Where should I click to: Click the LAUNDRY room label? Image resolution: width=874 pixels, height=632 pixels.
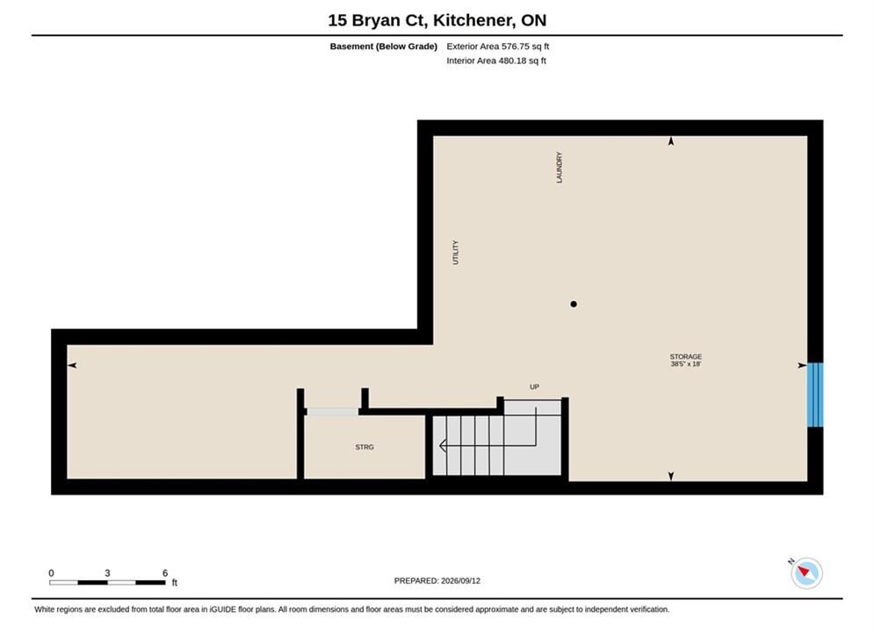pos(559,167)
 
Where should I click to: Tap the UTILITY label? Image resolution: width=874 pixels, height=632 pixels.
pos(455,252)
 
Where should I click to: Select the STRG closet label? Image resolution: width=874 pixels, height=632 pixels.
pos(365,447)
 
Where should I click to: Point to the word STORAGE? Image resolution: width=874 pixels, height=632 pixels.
pos(686,356)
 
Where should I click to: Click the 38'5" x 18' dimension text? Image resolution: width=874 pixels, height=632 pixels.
pos(686,364)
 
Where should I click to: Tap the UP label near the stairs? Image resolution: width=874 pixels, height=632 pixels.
pos(535,386)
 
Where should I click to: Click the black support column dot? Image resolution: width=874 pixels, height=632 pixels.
pos(574,304)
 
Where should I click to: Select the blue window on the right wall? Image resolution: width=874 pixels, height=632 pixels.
pos(815,395)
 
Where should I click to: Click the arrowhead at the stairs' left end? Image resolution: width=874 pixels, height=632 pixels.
pos(443,445)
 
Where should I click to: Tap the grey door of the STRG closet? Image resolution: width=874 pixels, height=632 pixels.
pos(333,412)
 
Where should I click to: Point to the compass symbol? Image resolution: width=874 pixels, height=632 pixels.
pos(806,573)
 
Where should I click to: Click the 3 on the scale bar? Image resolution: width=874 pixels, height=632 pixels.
pos(107,573)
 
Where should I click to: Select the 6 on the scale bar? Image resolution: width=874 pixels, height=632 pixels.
pos(165,573)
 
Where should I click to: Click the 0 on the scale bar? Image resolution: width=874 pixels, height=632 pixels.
pos(51,573)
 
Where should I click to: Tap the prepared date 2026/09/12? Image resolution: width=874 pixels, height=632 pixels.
pos(460,581)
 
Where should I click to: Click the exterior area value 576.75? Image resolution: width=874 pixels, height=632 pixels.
pos(515,47)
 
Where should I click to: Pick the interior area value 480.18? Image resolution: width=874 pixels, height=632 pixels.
pos(512,61)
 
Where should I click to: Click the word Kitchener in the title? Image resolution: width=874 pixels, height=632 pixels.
pos(473,20)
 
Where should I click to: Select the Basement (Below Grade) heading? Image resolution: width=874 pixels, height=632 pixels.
pos(384,47)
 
